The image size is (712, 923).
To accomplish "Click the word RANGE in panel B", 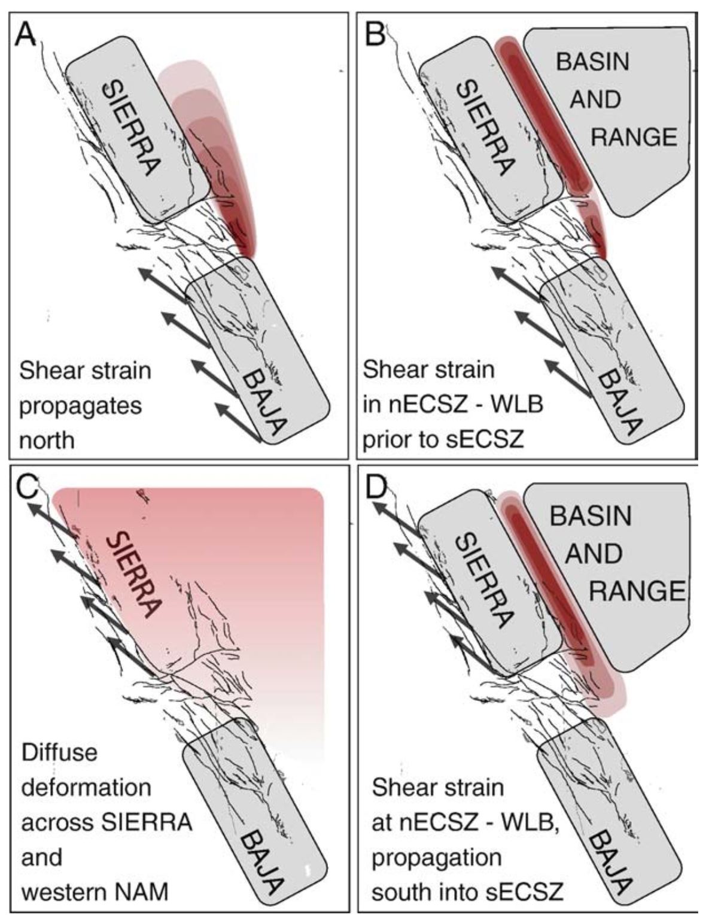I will pyautogui.click(x=634, y=137).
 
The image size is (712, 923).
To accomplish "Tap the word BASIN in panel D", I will pyautogui.click(x=591, y=516).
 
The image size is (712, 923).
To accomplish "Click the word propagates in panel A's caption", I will pyautogui.click(x=80, y=406).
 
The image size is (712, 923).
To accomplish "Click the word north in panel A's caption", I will pyautogui.click(x=47, y=441).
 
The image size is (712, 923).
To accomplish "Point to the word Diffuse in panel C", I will pyautogui.click(x=59, y=751).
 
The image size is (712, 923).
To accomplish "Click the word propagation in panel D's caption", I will pyautogui.click(x=436, y=857).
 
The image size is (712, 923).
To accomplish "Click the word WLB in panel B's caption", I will pyautogui.click(x=514, y=405).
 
